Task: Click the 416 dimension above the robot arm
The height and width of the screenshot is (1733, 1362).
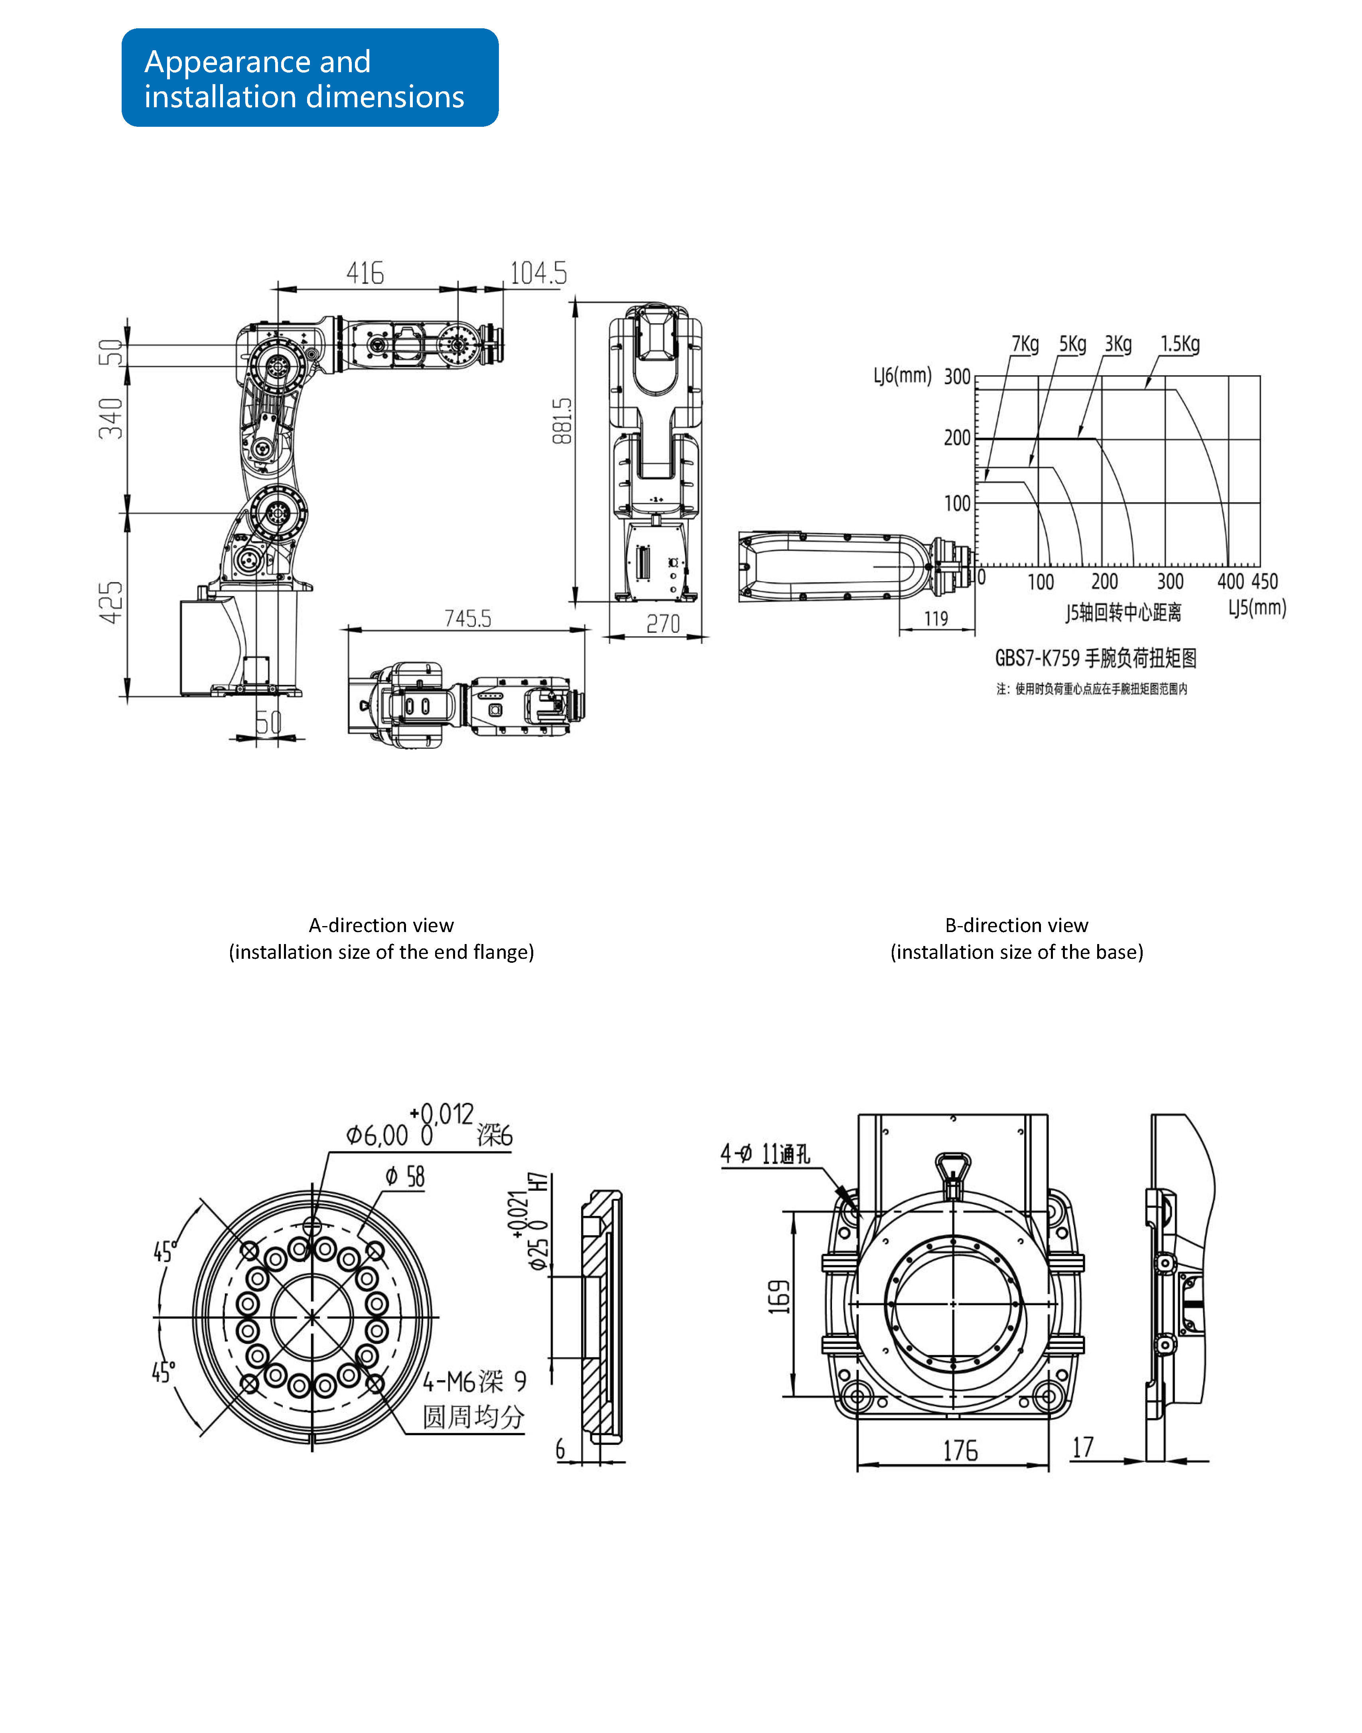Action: click(365, 273)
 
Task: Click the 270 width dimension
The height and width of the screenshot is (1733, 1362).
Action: click(663, 624)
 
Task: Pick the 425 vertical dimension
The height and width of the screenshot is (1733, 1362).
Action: click(112, 603)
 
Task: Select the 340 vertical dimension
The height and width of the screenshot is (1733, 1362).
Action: click(112, 419)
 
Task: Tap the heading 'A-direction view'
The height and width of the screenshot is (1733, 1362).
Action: click(381, 925)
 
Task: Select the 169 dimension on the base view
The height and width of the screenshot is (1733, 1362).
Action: click(779, 1297)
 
